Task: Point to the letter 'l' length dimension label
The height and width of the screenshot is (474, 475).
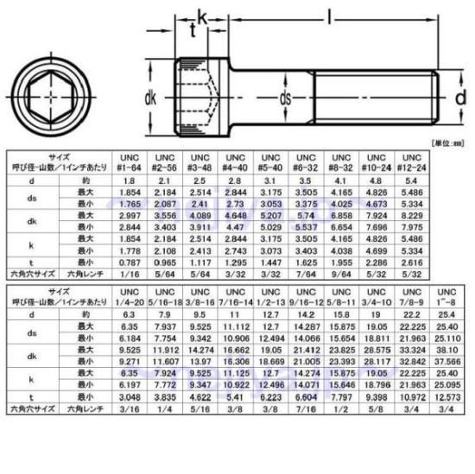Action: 330,14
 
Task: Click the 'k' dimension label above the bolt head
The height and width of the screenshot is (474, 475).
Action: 202,17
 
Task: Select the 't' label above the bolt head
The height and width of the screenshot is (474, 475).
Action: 192,31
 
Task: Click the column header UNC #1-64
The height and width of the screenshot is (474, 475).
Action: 129,161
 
